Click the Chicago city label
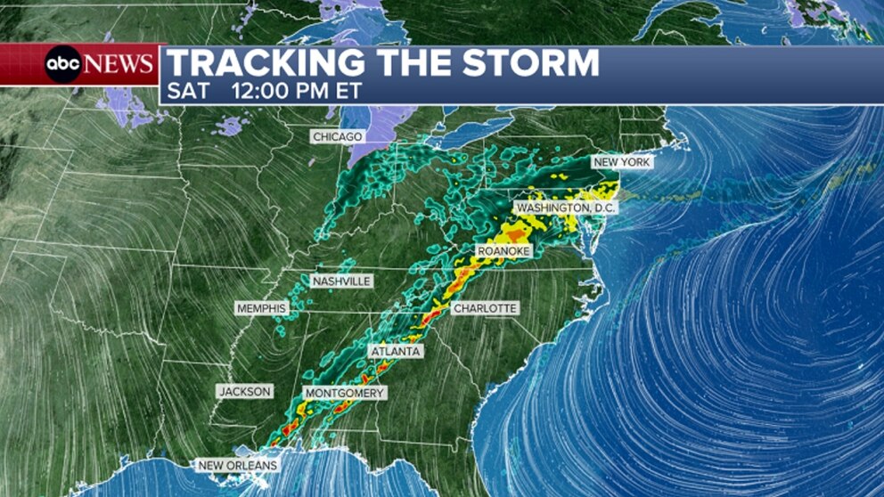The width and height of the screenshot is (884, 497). pos(338,136)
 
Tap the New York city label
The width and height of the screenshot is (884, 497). pos(622,162)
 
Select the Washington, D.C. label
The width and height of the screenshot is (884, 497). pos(566,208)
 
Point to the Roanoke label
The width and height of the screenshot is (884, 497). pos(503,252)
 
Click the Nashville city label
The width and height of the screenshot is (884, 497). pos(341,281)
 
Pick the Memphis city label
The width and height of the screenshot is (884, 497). pos(261,308)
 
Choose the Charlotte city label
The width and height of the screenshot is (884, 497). pos(485,308)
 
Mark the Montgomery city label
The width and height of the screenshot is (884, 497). pos(345,393)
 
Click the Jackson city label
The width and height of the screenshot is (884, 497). pos(245,391)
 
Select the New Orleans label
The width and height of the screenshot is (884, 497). pos(237,465)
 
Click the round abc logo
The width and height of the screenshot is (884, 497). pos(63,64)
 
